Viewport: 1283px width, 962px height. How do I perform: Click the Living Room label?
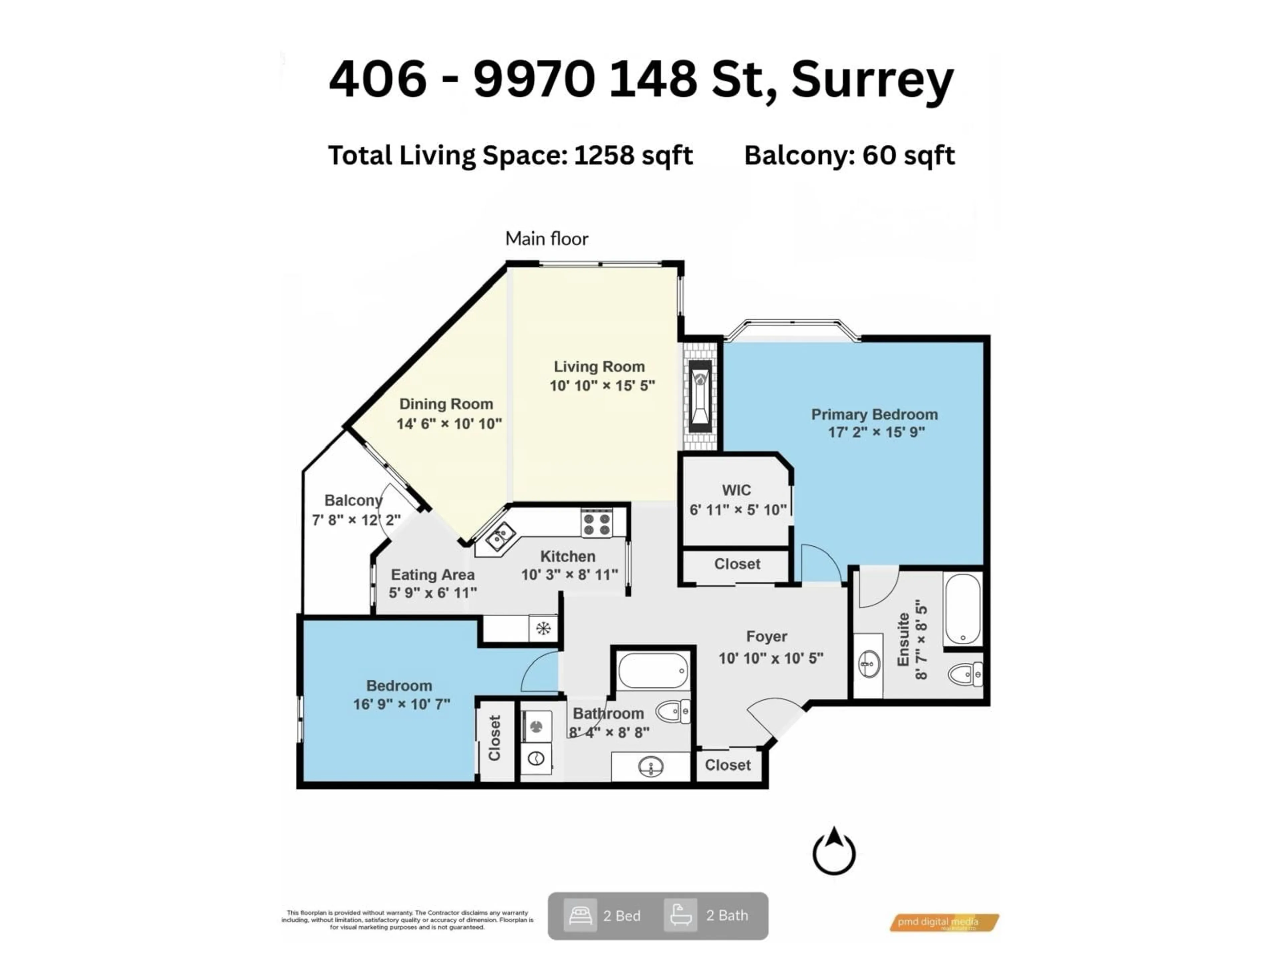[599, 366]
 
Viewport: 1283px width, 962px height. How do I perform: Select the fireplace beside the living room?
[700, 396]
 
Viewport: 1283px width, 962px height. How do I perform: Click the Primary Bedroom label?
[874, 415]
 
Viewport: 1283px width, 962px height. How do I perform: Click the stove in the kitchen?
[596, 524]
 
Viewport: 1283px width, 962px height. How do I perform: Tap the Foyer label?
[766, 637]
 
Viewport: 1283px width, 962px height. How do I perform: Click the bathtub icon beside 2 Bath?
[680, 915]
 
